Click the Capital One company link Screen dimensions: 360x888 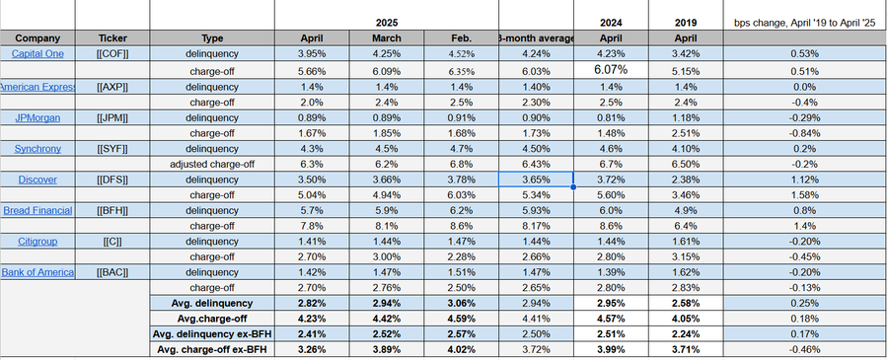click(x=37, y=53)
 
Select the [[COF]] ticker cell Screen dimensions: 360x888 click(x=112, y=53)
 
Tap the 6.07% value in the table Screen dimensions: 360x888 click(x=612, y=70)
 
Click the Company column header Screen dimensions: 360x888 click(x=37, y=37)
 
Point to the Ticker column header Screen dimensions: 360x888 click(x=112, y=37)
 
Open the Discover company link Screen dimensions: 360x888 click(x=37, y=180)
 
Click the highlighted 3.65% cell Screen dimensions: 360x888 click(x=536, y=180)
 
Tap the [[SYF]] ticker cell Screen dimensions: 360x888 click(x=112, y=148)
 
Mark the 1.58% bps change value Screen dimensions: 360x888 click(x=802, y=195)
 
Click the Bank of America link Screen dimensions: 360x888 click(x=37, y=271)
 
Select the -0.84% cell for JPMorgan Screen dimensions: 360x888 click(x=802, y=132)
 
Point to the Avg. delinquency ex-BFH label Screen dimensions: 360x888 click(x=212, y=334)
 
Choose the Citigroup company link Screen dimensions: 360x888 click(x=37, y=240)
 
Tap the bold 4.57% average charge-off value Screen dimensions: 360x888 click(x=612, y=319)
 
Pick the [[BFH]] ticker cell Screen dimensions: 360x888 click(x=112, y=211)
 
